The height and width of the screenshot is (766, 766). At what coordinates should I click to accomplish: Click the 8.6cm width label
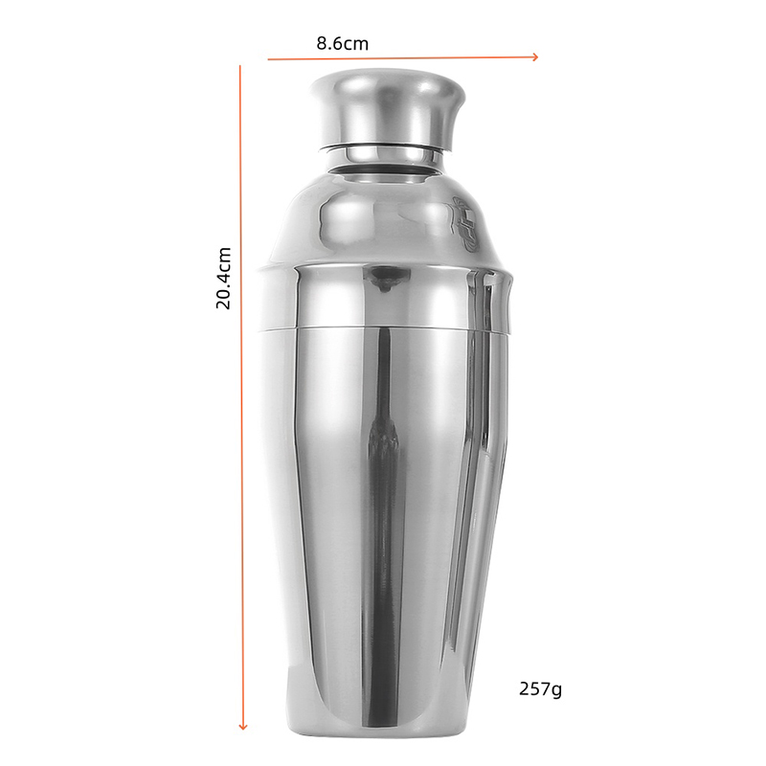tap(343, 43)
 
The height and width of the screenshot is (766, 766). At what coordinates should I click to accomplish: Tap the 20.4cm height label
tap(223, 278)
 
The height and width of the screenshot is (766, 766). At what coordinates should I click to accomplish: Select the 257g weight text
tap(540, 689)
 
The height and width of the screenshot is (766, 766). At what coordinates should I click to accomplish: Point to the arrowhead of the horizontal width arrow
tap(535, 57)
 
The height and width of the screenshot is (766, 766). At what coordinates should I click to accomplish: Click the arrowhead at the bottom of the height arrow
tap(243, 727)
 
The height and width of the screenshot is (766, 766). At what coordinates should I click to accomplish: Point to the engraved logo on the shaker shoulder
tap(465, 225)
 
